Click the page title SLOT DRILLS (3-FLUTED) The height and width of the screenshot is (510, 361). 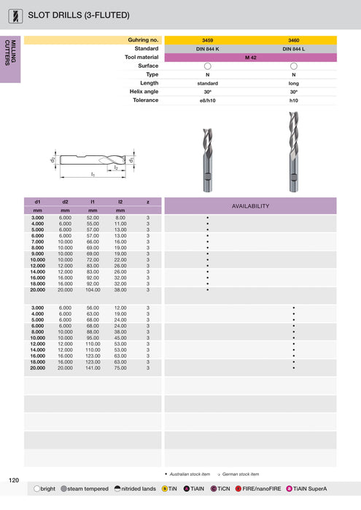pyautogui.click(x=79, y=15)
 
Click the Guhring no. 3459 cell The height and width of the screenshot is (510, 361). pyautogui.click(x=208, y=40)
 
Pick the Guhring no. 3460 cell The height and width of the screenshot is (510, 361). pyautogui.click(x=294, y=40)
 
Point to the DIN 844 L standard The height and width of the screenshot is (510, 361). pyautogui.click(x=294, y=49)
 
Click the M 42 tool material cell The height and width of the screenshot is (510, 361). pyautogui.click(x=251, y=58)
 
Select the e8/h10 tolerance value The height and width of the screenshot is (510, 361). pyautogui.click(x=208, y=101)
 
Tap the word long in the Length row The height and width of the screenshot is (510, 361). pyautogui.click(x=294, y=83)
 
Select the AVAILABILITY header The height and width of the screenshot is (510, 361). pyautogui.click(x=251, y=205)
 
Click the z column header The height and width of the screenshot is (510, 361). pyautogui.click(x=148, y=201)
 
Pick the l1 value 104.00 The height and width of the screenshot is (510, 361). pyautogui.click(x=93, y=289)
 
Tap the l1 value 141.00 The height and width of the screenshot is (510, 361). pyautogui.click(x=93, y=368)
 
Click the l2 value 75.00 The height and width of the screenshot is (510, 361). pyautogui.click(x=120, y=368)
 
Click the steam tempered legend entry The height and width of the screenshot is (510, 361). pyautogui.click(x=84, y=488)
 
